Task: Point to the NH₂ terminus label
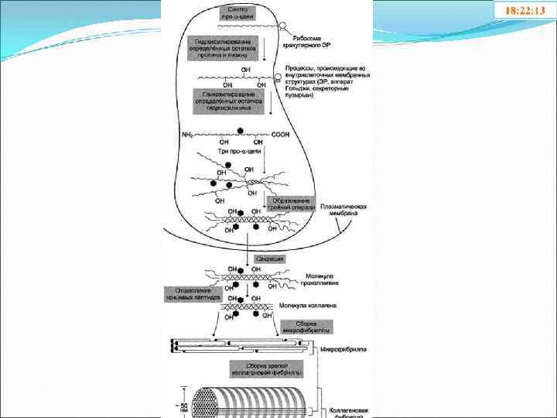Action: pyautogui.click(x=189, y=134)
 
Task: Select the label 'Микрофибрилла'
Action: pyautogui.click(x=341, y=348)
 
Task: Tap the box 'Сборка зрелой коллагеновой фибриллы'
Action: pyautogui.click(x=265, y=368)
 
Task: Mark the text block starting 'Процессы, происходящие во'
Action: pyautogui.click(x=326, y=82)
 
